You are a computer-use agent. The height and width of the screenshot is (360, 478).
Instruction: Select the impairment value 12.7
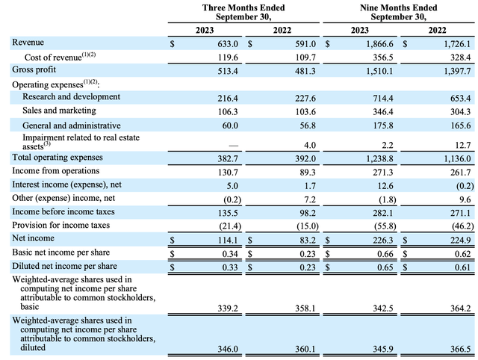[456, 144]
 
